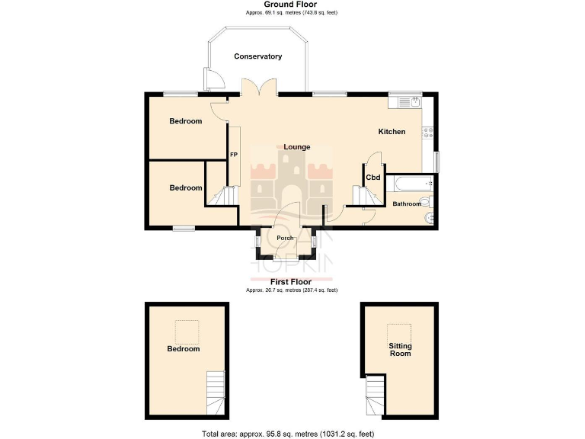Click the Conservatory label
point(258,56)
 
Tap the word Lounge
point(296,146)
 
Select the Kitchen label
point(392,132)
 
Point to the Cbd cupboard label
point(373,178)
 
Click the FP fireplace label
point(234,155)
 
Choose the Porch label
point(286,239)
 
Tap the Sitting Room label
point(400,349)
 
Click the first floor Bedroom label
point(184,349)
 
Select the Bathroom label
point(406,203)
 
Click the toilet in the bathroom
point(428,202)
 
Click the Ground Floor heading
point(292,5)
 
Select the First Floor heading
point(292,282)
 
